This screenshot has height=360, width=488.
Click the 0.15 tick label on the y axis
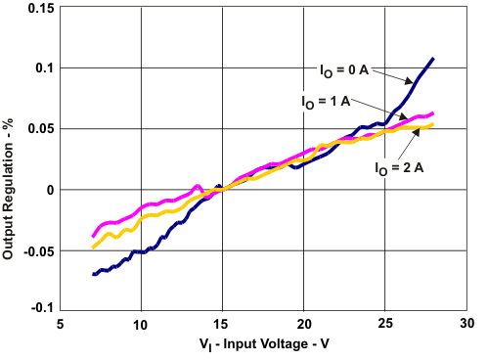pos(40,8)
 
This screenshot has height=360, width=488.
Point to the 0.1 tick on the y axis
pos(45,67)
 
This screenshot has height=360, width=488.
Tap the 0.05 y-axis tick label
pos(40,128)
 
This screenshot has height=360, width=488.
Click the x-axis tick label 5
pos(60,324)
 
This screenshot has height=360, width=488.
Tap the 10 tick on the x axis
pos(141,324)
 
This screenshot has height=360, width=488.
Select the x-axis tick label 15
pos(222,324)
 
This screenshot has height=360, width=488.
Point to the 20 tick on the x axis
pos(304,324)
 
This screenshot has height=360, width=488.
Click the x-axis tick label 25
pos(385,324)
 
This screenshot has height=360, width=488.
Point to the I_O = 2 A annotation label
pos(398,168)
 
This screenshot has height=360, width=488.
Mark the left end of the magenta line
pos(93,236)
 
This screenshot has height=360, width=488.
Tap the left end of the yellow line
pos(93,247)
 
